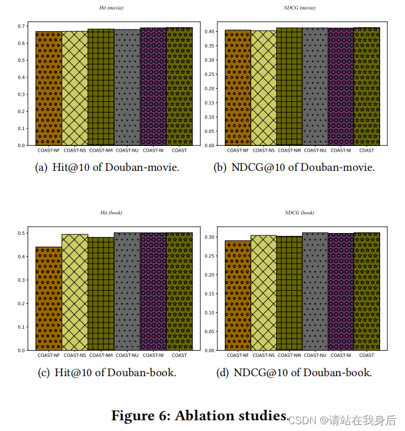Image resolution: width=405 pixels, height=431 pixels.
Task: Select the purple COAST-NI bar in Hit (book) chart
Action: coord(153,291)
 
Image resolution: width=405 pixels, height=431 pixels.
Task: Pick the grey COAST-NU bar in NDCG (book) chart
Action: coord(315,291)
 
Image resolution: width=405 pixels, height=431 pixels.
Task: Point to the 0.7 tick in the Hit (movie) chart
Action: coord(21,26)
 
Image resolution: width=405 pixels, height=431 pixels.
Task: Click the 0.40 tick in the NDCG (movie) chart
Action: coord(210,32)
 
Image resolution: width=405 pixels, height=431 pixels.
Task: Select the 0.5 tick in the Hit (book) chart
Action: coord(21,233)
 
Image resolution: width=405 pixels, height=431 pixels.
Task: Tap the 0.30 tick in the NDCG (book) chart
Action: coord(210,237)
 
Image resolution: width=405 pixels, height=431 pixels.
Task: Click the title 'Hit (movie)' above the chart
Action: coord(111,8)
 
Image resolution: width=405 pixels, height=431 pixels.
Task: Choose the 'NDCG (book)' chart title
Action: coord(299,213)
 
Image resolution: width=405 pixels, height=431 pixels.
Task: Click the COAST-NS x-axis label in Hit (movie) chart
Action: coord(75,150)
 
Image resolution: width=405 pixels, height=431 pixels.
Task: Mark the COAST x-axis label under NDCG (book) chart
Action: coord(367,355)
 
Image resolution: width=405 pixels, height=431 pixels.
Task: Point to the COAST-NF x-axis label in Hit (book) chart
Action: coord(49,355)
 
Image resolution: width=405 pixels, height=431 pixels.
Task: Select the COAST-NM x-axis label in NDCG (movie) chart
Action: coord(289,150)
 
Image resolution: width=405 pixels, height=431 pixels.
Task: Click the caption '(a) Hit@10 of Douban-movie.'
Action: coord(107,168)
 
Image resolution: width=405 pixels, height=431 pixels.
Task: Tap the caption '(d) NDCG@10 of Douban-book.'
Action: coord(294,373)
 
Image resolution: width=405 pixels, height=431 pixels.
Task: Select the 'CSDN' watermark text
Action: coord(301,420)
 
